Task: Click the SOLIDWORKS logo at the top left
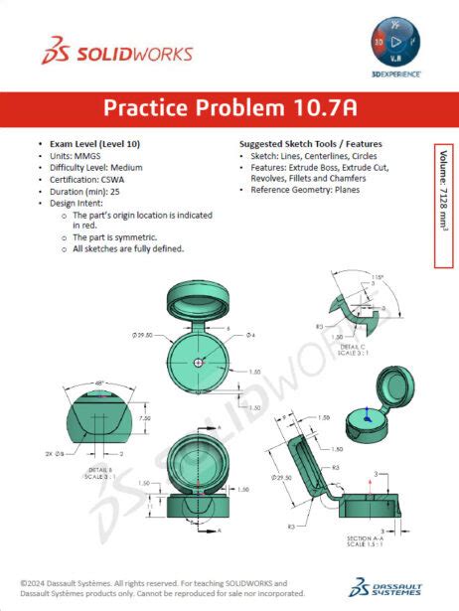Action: click(116, 53)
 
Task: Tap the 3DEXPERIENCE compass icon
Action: click(402, 45)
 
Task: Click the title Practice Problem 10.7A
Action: click(229, 107)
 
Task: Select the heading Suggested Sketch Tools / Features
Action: click(310, 143)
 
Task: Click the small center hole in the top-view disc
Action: click(200, 363)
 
